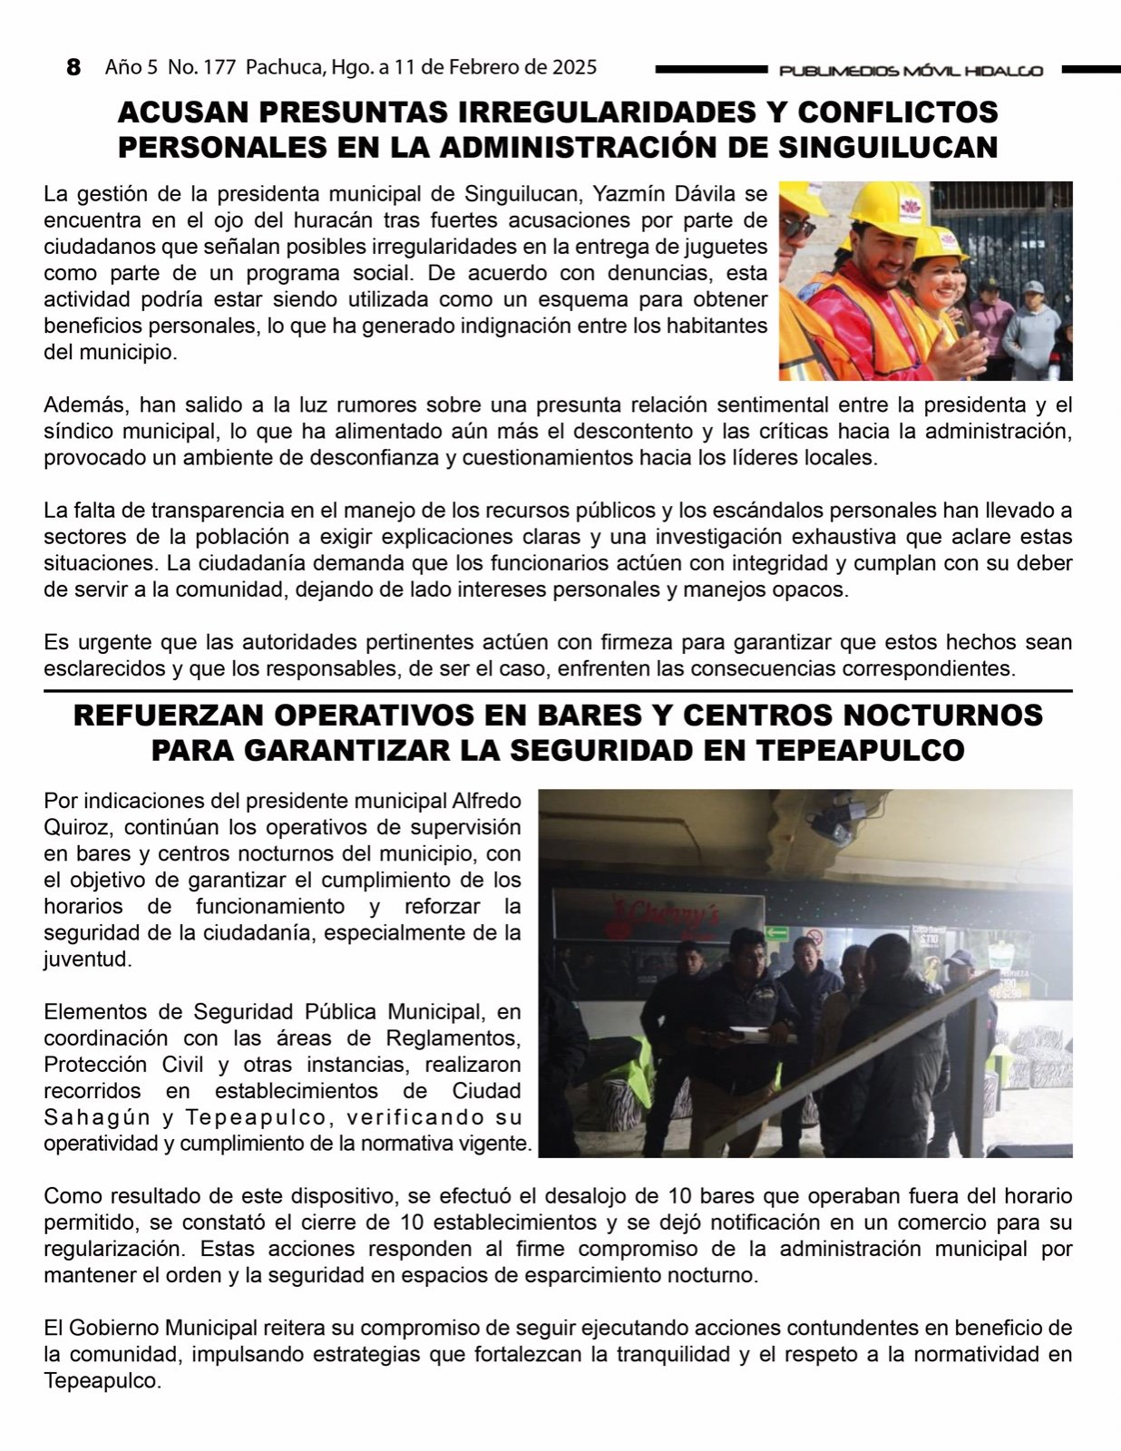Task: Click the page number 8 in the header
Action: [73, 68]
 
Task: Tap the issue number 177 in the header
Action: [219, 67]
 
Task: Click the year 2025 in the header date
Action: [575, 67]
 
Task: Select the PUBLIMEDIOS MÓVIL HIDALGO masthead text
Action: [911, 71]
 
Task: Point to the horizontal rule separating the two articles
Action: [558, 691]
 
